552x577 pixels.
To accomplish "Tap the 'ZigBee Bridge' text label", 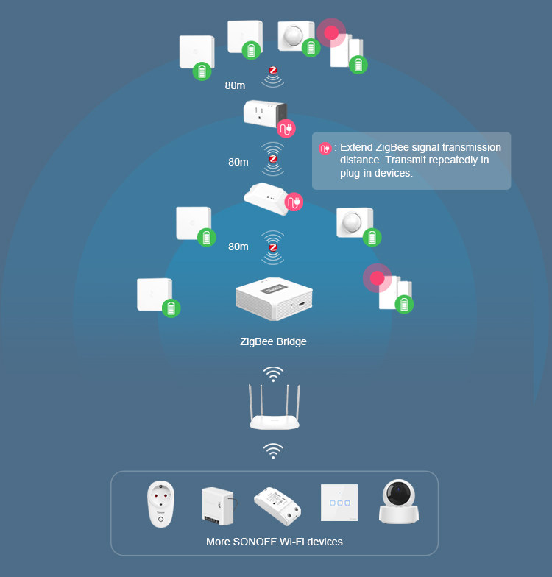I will pos(273,341).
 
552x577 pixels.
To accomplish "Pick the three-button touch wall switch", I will pos(339,503).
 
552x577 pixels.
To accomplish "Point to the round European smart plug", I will pos(161,503).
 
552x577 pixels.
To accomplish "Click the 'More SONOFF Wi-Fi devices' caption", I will pos(275,542).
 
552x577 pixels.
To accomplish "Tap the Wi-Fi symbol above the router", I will pos(273,374).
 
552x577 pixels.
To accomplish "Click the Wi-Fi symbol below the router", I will pos(273,450).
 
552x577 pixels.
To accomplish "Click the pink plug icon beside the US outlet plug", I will pos(286,129).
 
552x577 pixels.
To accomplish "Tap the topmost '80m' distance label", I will pos(235,85).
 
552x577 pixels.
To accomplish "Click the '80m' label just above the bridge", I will pos(238,247).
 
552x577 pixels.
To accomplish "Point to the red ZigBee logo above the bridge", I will pos(273,248).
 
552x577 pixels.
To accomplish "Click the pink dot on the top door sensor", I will pos(332,32).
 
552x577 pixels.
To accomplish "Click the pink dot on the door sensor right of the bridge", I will pos(378,278).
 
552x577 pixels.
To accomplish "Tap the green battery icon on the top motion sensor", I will pos(311,48).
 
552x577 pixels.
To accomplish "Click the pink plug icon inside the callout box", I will pos(325,149).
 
